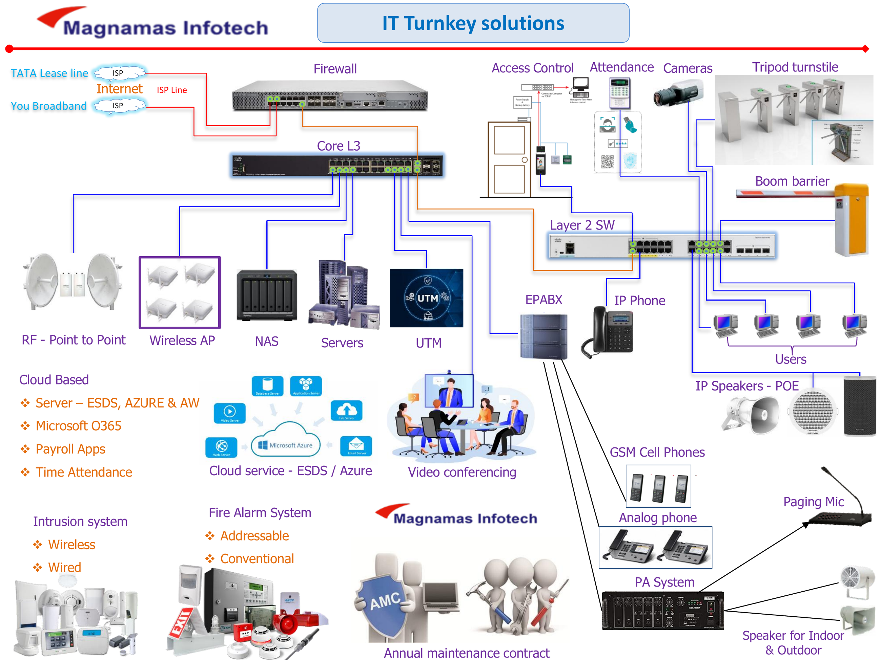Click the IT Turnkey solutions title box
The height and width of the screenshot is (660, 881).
(473, 23)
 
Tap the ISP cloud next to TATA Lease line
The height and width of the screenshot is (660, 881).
(119, 73)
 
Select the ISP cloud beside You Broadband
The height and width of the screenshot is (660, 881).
(119, 106)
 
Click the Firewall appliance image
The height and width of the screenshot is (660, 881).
(330, 96)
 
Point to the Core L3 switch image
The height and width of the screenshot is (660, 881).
(337, 165)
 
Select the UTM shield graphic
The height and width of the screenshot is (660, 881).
(426, 298)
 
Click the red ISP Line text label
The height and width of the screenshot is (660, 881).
(172, 90)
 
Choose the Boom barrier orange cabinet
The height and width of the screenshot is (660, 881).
(852, 219)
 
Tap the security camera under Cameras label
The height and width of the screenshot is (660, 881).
(678, 94)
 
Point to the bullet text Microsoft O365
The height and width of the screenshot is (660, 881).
(79, 426)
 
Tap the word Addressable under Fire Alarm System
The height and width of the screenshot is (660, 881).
(254, 536)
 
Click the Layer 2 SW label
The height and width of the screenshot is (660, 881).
(582, 225)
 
